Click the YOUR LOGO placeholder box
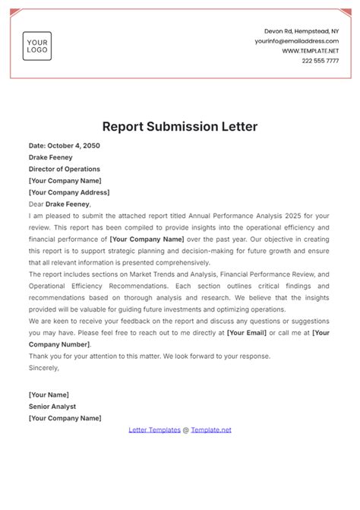(x=36, y=45)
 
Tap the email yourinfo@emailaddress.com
(x=297, y=41)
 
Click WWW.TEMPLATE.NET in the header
(x=311, y=51)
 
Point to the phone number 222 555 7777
(x=321, y=61)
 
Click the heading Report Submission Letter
(x=180, y=126)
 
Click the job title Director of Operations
(x=65, y=169)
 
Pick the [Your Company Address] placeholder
(x=68, y=192)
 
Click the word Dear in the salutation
(x=36, y=204)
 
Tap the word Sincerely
(x=43, y=367)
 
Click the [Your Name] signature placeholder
(x=49, y=394)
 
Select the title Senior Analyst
(x=53, y=407)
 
